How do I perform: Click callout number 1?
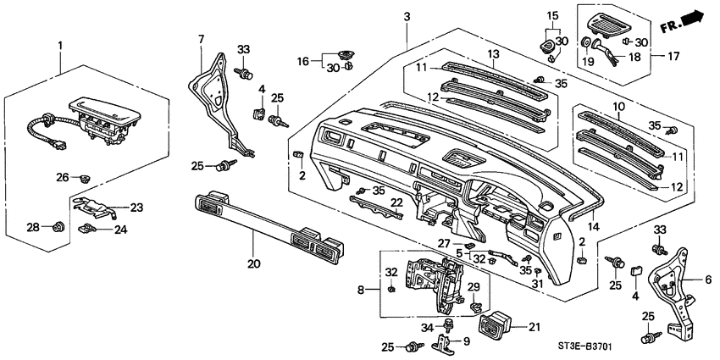59,44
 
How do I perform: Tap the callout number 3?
407,18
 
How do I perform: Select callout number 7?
201,39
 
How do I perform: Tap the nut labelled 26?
85,179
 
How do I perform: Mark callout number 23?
136,207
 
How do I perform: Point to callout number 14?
593,228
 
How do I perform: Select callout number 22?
396,202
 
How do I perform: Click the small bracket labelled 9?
444,342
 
